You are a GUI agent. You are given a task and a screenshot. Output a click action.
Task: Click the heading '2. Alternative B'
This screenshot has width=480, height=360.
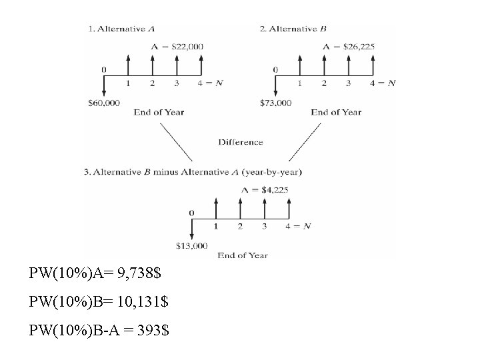(293, 29)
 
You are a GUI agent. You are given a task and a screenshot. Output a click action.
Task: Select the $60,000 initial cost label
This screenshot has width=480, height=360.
(104, 103)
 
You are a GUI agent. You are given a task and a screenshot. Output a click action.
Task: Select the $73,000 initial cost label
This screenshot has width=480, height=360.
(275, 103)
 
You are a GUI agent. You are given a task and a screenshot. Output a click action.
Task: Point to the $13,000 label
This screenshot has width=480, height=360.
(191, 245)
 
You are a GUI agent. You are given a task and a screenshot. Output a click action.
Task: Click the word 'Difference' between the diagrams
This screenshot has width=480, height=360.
(241, 142)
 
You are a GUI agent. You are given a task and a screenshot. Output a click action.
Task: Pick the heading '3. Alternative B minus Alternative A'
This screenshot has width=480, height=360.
(193, 171)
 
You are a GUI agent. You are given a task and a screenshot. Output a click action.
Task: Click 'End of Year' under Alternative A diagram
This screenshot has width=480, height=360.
(159, 112)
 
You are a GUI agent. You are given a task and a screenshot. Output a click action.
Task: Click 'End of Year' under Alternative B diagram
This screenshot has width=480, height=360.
(336, 112)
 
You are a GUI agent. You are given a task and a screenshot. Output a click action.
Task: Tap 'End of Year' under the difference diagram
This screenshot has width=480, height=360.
(243, 255)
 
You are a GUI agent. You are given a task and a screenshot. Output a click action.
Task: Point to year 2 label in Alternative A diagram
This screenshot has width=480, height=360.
(152, 83)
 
